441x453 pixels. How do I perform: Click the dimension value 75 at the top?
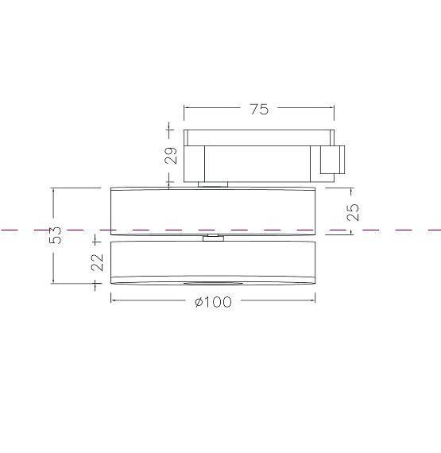[x=259, y=110]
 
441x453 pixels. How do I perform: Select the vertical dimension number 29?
[x=171, y=156]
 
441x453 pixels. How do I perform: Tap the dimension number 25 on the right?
[x=353, y=211]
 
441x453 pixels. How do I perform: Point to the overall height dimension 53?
[x=56, y=236]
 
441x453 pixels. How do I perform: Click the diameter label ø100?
[x=213, y=302]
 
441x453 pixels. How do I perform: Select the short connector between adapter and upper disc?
[x=212, y=185]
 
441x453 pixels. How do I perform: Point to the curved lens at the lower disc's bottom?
[x=211, y=283]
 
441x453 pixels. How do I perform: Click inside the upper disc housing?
[x=212, y=210]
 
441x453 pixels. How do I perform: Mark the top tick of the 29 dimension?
[x=170, y=128]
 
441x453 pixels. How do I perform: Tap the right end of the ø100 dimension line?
[x=315, y=300]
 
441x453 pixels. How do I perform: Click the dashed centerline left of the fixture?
[x=48, y=230]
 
